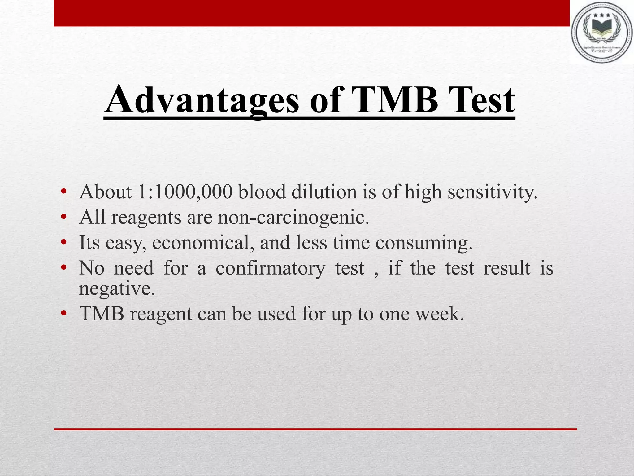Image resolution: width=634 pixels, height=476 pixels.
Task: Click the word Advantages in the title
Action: point(202,101)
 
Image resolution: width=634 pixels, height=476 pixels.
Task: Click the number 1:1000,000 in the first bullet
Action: point(185,192)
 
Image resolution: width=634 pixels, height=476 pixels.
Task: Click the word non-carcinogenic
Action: point(293,217)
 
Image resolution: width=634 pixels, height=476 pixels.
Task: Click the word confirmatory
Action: point(270,268)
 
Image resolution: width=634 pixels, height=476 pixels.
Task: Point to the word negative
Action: point(117,289)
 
